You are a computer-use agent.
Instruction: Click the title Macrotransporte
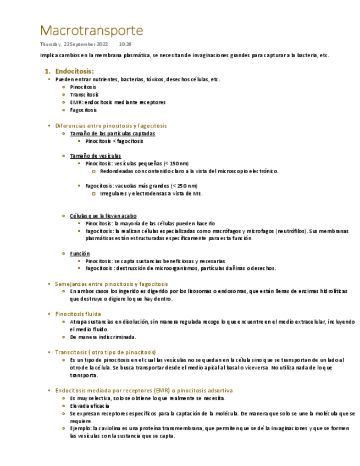(91, 30)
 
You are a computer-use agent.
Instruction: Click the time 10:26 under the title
(125, 44)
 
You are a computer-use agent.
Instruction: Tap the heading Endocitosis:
(75, 71)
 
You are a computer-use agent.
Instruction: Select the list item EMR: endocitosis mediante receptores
(118, 102)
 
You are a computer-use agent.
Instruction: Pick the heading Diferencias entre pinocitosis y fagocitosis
(111, 126)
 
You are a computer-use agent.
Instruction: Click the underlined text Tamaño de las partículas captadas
(112, 134)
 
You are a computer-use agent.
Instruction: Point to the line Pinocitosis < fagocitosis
(114, 141)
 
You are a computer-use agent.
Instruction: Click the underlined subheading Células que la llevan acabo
(103, 216)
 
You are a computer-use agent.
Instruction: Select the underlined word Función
(80, 253)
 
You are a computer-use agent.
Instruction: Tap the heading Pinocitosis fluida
(78, 314)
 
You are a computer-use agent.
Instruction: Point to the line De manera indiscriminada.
(103, 337)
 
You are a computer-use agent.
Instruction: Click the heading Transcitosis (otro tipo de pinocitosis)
(106, 352)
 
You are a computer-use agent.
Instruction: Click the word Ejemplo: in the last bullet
(81, 428)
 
